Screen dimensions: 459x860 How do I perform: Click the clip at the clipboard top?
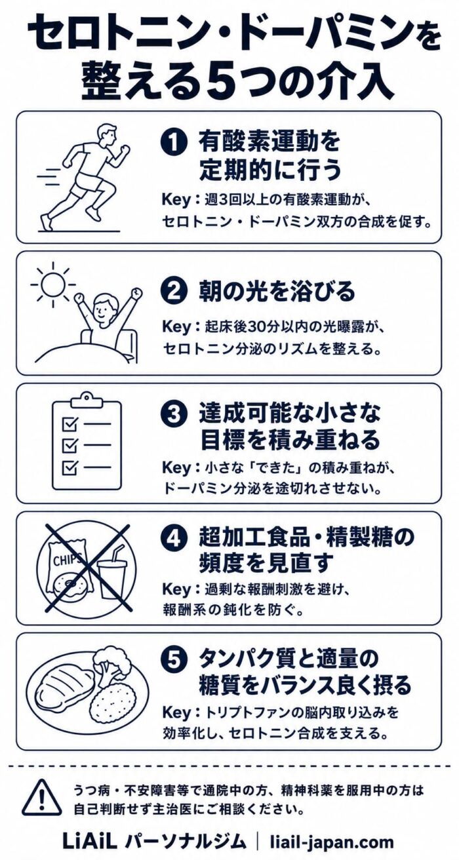click(x=87, y=402)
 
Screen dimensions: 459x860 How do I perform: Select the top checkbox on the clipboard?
click(x=70, y=424)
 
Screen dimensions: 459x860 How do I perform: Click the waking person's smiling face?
click(x=104, y=306)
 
